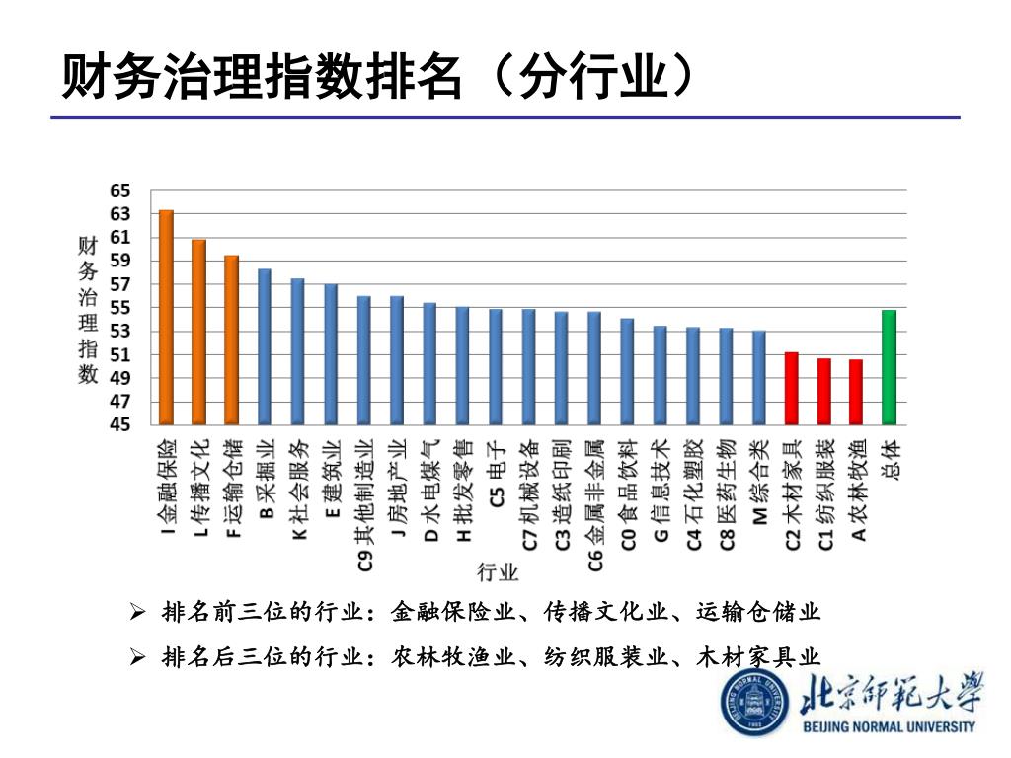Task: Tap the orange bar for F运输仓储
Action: tap(231, 341)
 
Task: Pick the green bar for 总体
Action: tap(889, 368)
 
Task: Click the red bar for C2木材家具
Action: tap(791, 389)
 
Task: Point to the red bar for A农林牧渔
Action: tap(856, 393)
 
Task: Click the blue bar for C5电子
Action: tap(495, 367)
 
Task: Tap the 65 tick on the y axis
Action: tap(120, 190)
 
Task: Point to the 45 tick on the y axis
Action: tap(120, 425)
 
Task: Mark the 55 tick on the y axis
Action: tap(120, 308)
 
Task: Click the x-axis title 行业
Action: tap(499, 571)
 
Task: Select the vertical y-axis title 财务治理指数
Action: tap(88, 309)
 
